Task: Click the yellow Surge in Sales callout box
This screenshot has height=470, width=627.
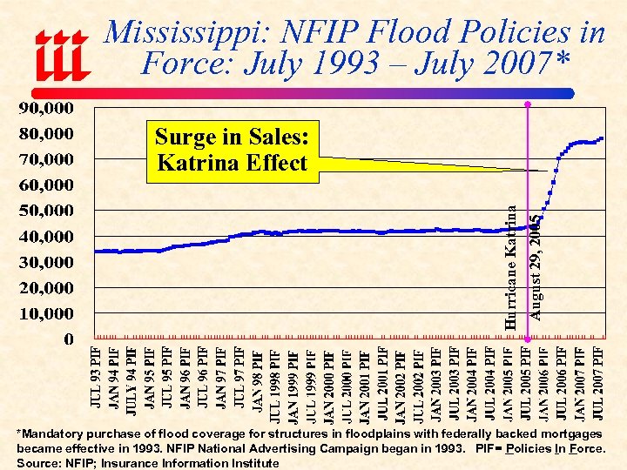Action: pos(231,150)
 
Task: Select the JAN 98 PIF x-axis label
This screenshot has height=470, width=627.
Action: pos(258,376)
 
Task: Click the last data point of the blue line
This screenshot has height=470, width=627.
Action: pos(602,139)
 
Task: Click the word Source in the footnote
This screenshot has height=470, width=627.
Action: pos(37,463)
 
